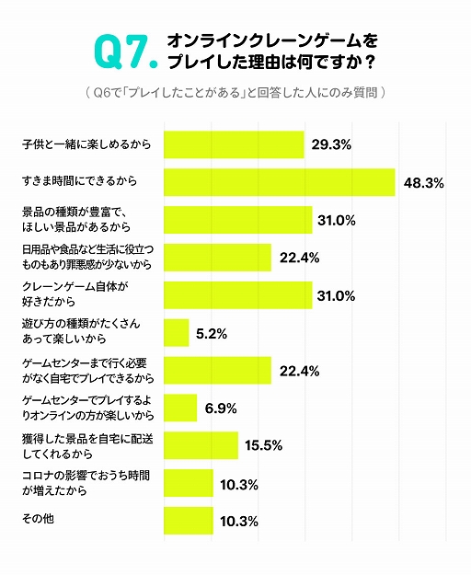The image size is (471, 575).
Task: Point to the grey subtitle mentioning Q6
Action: (x=235, y=93)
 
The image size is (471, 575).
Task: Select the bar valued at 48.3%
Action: (x=279, y=182)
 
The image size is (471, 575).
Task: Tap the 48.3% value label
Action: (x=423, y=183)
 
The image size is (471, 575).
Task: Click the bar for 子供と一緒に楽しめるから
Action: (x=234, y=144)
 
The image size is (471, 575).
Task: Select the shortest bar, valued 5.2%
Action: (x=176, y=332)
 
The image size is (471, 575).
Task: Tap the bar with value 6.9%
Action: (x=180, y=408)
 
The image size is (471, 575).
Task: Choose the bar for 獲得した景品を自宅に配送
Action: (x=201, y=445)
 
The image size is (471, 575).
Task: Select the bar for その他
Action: (x=189, y=520)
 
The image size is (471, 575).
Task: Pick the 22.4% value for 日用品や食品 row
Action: (x=299, y=259)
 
